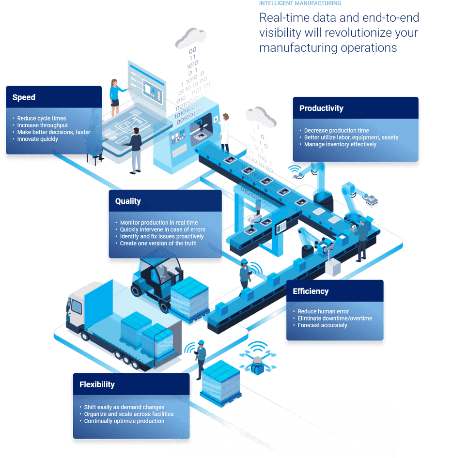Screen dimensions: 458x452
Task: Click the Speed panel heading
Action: tap(24, 97)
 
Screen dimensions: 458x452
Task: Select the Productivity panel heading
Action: tap(321, 108)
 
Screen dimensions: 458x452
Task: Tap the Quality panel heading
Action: tap(128, 201)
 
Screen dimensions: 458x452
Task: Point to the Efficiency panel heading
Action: tap(311, 291)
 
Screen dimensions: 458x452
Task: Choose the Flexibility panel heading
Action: tap(97, 384)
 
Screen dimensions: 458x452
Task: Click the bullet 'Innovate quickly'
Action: tap(37, 139)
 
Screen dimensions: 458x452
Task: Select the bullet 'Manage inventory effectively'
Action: tap(340, 144)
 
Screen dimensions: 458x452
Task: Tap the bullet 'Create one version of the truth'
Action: tap(158, 243)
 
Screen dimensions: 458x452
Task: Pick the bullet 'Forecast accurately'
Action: tap(322, 325)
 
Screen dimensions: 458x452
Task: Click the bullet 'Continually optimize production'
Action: tap(124, 421)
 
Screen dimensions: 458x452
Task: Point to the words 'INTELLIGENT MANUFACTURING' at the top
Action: tap(300, 3)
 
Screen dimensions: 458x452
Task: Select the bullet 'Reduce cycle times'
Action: tap(41, 119)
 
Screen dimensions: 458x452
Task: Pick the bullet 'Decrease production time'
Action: tap(336, 131)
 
